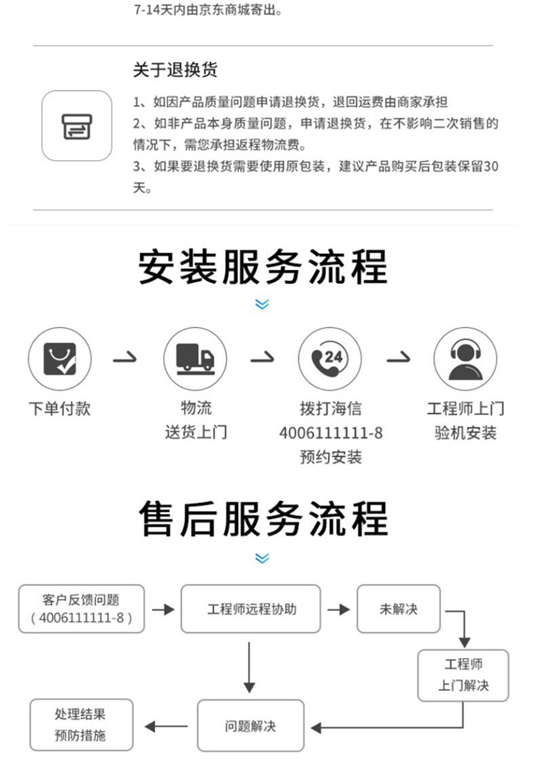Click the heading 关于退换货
[175, 70]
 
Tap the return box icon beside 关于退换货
[76, 126]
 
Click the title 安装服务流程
[263, 266]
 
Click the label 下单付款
[59, 409]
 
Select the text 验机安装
[465, 432]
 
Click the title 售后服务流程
[263, 519]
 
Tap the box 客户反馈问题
[81, 609]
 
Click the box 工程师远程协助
[251, 609]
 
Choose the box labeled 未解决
[398, 609]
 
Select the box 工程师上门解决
[463, 675]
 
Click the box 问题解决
[250, 726]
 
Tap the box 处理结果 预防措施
[81, 725]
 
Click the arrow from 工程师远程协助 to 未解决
[339, 610]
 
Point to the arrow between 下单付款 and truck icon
[126, 358]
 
